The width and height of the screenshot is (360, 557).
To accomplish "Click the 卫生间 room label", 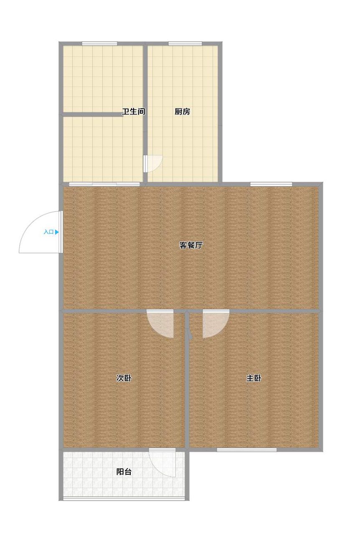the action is (133, 112).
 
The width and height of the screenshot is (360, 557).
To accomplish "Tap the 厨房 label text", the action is (182, 112).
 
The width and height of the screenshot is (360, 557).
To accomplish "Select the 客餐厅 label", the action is (191, 245).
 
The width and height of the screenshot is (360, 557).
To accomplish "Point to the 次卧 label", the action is (124, 378).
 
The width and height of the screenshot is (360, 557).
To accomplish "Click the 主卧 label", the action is (254, 378).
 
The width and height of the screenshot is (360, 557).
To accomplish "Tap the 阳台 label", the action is (124, 472).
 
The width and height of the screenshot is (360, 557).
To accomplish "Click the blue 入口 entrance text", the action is (48, 232).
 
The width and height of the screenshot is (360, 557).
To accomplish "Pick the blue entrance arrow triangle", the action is (57, 232).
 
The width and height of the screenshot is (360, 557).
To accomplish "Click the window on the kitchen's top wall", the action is (185, 44).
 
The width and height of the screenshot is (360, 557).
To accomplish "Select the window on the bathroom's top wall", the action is (99, 44).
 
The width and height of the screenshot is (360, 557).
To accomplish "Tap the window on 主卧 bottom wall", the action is (247, 450).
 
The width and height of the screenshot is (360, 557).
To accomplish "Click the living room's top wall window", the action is (271, 184).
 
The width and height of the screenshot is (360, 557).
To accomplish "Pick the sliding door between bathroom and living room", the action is (104, 184).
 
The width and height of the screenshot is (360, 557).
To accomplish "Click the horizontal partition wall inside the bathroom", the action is (92, 114).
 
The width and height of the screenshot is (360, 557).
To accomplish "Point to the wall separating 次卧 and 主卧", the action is (187, 380).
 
